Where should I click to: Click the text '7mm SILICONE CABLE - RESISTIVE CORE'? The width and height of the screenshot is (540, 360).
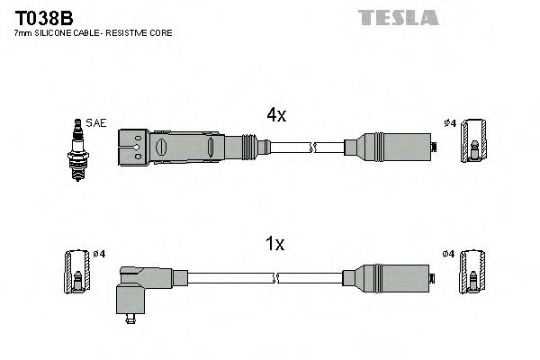(x=92, y=33)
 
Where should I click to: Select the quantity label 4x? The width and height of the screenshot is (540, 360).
(x=275, y=115)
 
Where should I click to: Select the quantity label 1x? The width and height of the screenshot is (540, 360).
(x=275, y=243)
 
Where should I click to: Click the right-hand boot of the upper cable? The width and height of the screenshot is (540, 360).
(x=391, y=146)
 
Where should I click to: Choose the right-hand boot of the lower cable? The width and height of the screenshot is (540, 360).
(x=391, y=275)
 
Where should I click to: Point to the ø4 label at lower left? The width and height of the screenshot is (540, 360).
(x=99, y=254)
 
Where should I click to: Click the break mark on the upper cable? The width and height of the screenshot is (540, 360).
(x=312, y=146)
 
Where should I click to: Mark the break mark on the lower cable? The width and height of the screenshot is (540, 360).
(x=312, y=275)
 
